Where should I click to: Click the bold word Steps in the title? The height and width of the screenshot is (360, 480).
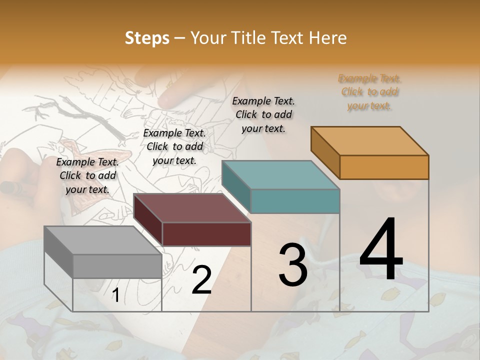tap(147, 38)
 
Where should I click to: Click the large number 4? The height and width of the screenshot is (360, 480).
tap(381, 250)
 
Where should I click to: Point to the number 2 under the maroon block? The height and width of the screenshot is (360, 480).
tap(201, 280)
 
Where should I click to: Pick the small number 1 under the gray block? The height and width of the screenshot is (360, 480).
tap(115, 295)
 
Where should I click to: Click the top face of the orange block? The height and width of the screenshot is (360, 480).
tap(370, 141)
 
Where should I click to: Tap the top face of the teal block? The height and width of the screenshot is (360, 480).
tap(281, 175)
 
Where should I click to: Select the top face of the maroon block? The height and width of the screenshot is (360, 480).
tap(192, 208)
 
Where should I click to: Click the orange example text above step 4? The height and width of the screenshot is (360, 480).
tap(370, 92)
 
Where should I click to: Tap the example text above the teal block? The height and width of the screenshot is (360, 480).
tap(263, 114)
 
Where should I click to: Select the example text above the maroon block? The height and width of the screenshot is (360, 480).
tap(174, 146)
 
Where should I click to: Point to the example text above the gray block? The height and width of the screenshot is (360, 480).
tap(87, 175)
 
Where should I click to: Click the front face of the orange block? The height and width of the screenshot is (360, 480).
tap(384, 167)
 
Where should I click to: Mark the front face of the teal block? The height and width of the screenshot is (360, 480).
tap(295, 201)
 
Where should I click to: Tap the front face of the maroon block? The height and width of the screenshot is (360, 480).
tap(206, 234)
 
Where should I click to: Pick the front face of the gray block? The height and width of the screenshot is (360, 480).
tap(117, 266)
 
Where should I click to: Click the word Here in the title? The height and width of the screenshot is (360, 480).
tap(328, 38)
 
